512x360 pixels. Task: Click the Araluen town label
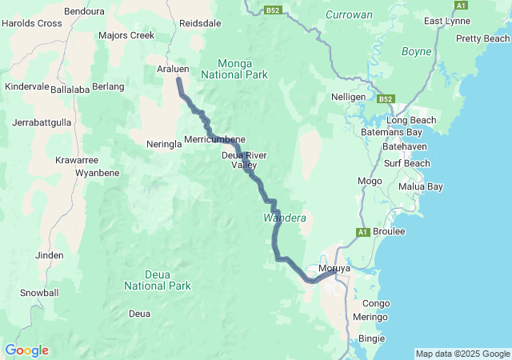coord(172,70)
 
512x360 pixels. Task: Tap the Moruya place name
coord(334,268)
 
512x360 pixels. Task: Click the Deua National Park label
coord(158,280)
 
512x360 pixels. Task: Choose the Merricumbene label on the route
coord(214,139)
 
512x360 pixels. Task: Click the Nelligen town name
coord(348,97)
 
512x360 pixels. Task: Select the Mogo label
coord(370,181)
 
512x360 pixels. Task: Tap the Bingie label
coord(371,338)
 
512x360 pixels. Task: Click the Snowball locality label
coord(39,293)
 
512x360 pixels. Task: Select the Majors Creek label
coord(126,35)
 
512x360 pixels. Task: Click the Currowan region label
coord(349,15)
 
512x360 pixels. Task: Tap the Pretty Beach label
coord(482,38)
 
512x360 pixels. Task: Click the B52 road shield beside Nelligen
coord(386,98)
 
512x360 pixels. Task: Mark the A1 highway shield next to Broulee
coord(362,232)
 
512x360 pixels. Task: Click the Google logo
coord(26,350)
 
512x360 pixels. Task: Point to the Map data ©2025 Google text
coord(462,354)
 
